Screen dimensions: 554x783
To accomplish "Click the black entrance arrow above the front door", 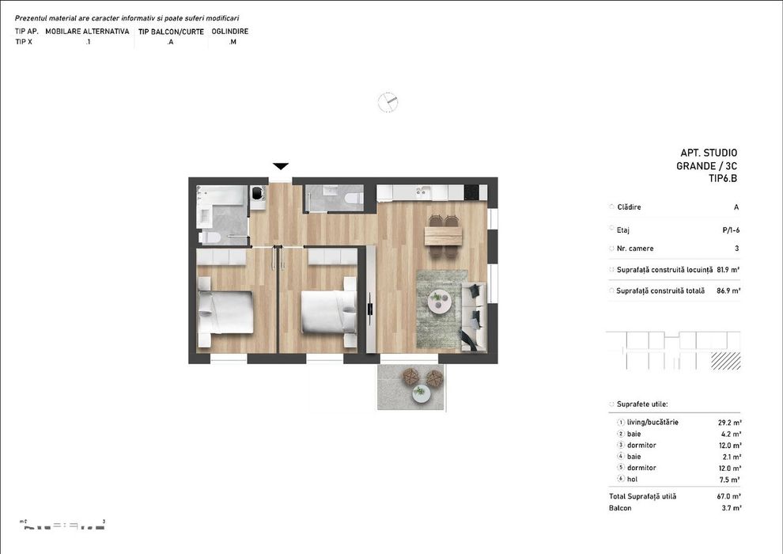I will point(281,166).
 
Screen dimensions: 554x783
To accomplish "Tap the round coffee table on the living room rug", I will point(439,301).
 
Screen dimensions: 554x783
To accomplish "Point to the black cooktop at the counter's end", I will point(472,192).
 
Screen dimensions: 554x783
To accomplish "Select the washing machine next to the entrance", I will point(258,195).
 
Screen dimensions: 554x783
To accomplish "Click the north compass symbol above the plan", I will point(388,101).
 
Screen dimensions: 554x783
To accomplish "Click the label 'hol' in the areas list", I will point(633,479).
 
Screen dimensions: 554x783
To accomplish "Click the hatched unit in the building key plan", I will point(725,361).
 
